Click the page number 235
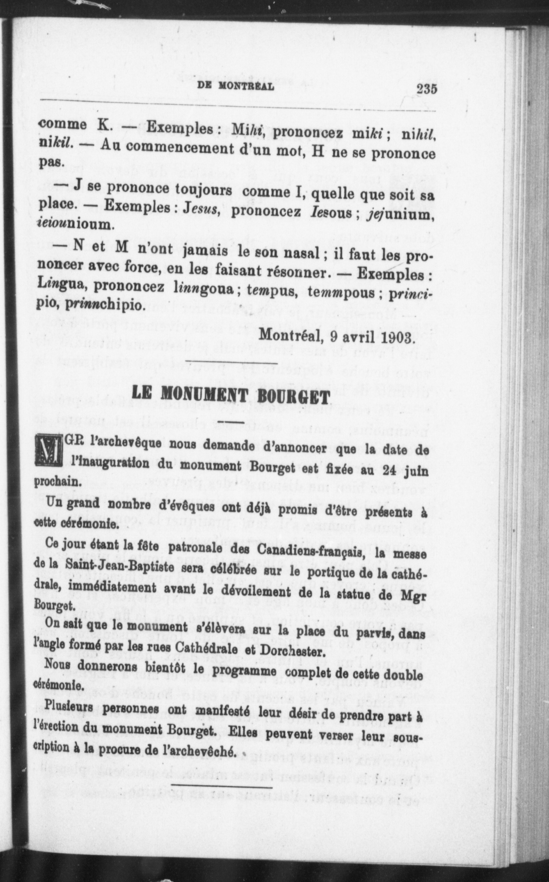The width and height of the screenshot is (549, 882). tap(427, 89)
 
